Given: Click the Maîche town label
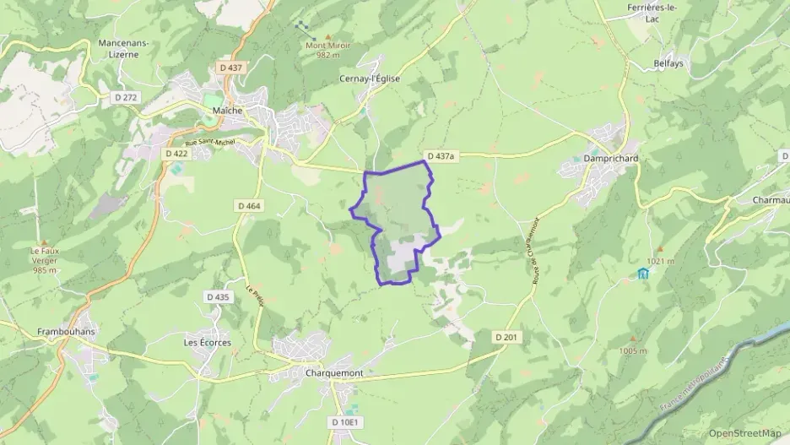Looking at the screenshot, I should [x=228, y=111].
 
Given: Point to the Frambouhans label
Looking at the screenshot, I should [x=64, y=332].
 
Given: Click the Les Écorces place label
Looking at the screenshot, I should [x=207, y=343].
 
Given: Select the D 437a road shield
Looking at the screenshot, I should [x=441, y=156].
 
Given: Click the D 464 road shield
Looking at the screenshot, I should [x=250, y=205].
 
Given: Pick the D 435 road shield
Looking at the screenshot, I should [x=217, y=296].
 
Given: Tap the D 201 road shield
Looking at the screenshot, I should [x=506, y=337].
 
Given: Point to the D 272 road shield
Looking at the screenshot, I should [x=125, y=98].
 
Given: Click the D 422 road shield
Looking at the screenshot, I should [x=176, y=154].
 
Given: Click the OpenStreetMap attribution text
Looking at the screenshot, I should [x=744, y=433].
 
